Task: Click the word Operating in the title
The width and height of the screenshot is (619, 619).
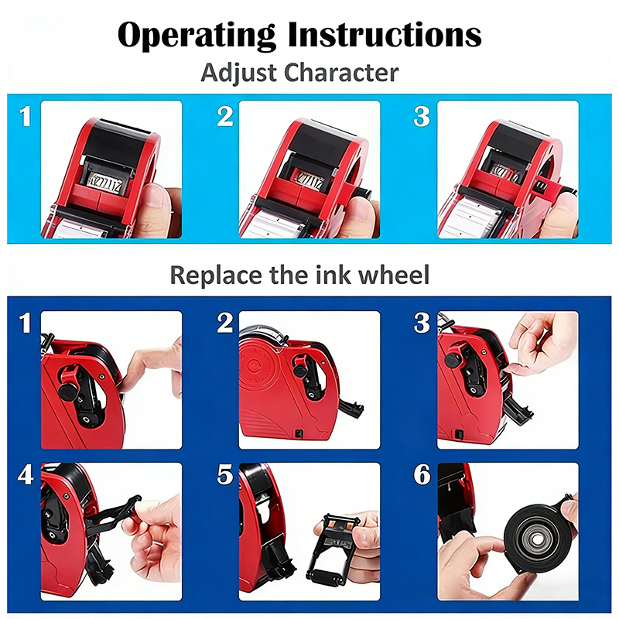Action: [197, 36]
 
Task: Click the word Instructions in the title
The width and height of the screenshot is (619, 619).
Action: [385, 34]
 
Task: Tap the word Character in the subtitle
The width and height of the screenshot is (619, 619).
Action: [341, 73]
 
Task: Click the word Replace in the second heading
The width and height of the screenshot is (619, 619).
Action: [216, 275]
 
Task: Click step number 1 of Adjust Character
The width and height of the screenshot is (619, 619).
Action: [26, 117]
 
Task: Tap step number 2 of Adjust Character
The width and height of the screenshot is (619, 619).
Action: [225, 117]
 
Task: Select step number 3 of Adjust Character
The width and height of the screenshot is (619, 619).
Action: [422, 117]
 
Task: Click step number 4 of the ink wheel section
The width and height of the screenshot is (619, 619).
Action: [26, 474]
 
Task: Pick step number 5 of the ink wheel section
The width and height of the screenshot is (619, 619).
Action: [225, 474]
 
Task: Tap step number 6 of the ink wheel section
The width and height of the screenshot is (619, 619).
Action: [422, 474]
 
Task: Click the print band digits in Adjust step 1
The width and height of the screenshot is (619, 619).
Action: [106, 183]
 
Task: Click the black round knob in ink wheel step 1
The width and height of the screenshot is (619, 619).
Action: [68, 391]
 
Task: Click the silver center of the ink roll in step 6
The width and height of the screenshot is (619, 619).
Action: [536, 539]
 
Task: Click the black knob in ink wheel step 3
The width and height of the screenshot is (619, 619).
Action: [454, 360]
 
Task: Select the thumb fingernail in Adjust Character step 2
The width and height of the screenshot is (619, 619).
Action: [358, 209]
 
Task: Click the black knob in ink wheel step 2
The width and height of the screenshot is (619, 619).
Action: [301, 371]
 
